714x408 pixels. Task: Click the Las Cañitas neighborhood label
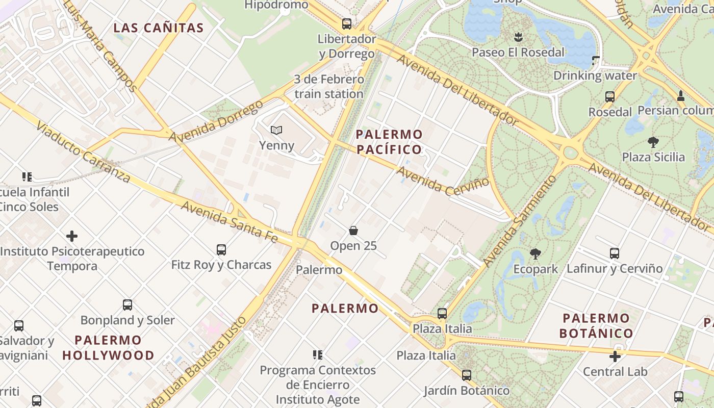[x=158, y=28]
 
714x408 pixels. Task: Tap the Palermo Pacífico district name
[x=389, y=142]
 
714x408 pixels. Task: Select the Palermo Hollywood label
[x=108, y=348]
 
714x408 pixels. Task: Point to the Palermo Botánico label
[x=596, y=326]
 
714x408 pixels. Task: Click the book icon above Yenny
[x=276, y=131]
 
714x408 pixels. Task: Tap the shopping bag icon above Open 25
[x=353, y=231]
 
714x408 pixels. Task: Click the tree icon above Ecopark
[x=535, y=253]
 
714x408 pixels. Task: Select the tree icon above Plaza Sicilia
[x=653, y=142]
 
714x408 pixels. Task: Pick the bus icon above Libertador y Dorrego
[x=347, y=23]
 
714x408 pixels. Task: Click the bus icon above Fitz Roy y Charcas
[x=221, y=250]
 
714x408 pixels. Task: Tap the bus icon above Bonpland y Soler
[x=127, y=305]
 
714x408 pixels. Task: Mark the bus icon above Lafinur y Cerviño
[x=615, y=253]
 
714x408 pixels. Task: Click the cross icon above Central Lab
[x=615, y=356]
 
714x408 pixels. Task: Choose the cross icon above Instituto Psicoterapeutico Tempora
[x=72, y=236]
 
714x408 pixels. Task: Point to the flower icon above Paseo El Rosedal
[x=518, y=37]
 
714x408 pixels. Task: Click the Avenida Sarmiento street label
[x=520, y=221]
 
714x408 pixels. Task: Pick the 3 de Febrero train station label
[x=329, y=87]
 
